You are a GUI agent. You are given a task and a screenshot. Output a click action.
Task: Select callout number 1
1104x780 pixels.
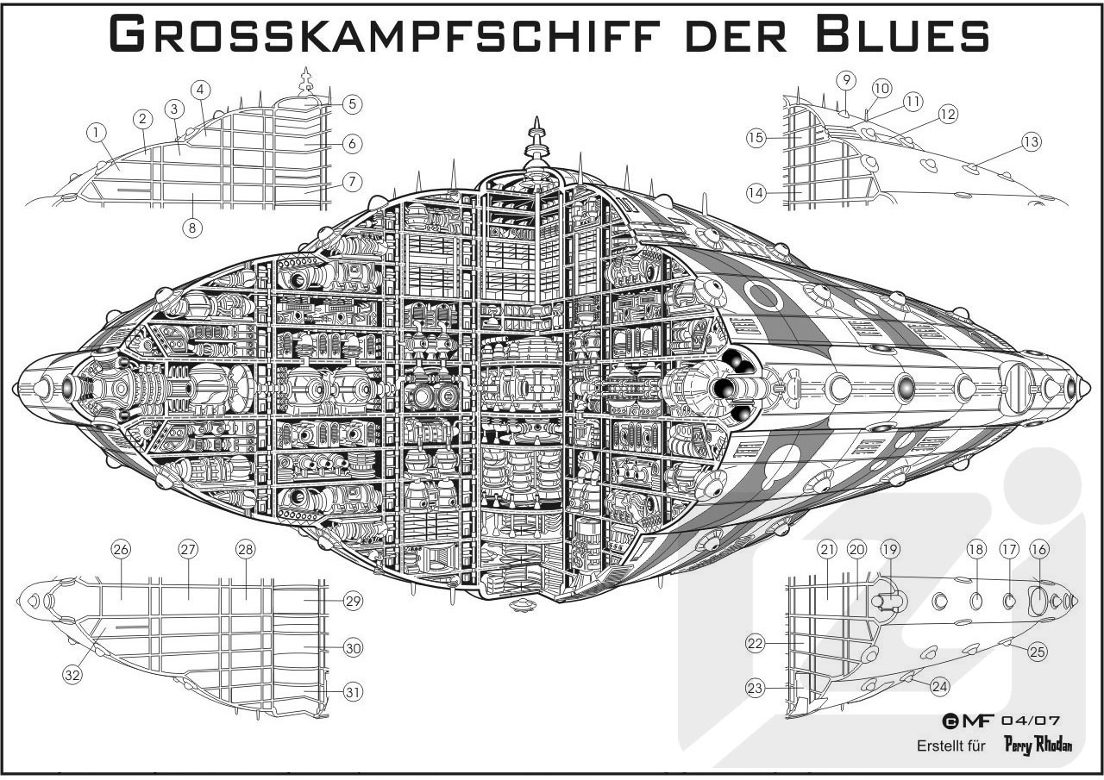click(96, 132)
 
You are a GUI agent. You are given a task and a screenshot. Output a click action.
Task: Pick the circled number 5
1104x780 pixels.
click(350, 103)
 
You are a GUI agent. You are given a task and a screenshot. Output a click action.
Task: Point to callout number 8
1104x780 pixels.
click(192, 228)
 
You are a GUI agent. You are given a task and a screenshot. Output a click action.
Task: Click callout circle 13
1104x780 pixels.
click(1032, 142)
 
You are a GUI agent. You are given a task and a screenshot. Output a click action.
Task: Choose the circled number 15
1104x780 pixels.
click(756, 137)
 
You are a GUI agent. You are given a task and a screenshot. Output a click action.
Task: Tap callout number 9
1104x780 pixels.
click(846, 80)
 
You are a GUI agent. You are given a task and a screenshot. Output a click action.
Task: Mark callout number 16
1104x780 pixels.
click(1038, 549)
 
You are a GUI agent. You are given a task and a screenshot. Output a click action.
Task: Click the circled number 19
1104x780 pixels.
click(889, 549)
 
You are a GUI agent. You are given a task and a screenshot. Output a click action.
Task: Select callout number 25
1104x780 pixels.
click(1038, 652)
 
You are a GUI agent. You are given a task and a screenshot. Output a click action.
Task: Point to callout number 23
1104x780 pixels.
click(756, 688)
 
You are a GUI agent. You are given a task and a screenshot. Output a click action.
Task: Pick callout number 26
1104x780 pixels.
click(120, 549)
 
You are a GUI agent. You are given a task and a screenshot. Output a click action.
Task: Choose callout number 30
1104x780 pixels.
click(351, 648)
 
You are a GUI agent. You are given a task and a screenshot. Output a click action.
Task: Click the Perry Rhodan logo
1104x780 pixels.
click(1038, 745)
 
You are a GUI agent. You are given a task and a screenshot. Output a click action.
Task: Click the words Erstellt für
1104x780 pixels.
click(950, 746)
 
